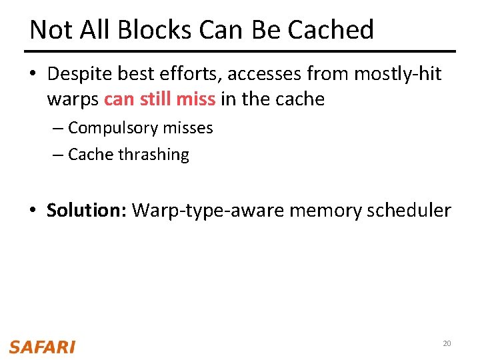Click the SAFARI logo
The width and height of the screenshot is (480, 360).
point(42,347)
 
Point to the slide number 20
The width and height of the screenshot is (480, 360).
point(447,343)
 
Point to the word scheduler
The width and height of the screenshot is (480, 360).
point(409,211)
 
